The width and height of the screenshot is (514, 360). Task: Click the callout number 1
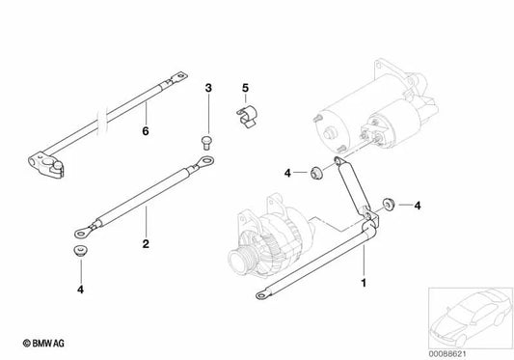(364, 283)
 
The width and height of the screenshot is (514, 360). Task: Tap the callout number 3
(207, 89)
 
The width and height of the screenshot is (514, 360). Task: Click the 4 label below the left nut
(80, 288)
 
